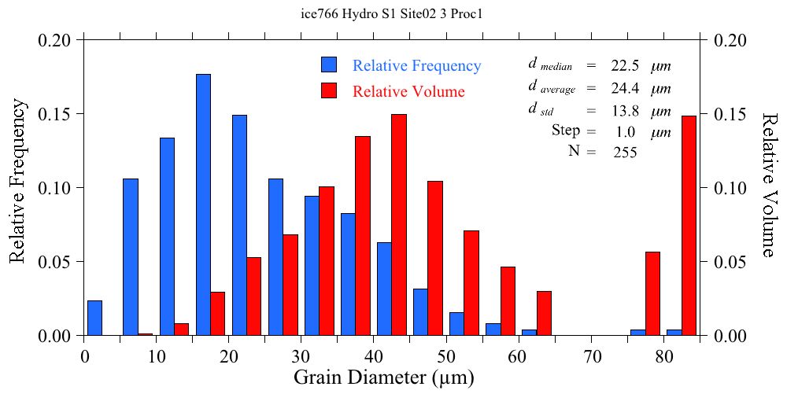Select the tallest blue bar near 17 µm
[203, 204]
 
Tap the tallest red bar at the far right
[689, 226]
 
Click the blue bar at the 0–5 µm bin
[94, 318]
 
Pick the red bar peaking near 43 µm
[399, 225]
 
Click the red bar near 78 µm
[652, 293]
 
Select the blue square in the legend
[329, 65]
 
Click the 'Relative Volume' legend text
[408, 91]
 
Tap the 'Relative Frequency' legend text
[416, 65]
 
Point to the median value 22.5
[625, 65]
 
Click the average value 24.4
[625, 88]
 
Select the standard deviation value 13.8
[625, 111]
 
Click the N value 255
[625, 153]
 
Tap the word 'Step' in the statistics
[566, 131]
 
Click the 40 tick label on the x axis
[374, 355]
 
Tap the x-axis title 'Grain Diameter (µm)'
[384, 377]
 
